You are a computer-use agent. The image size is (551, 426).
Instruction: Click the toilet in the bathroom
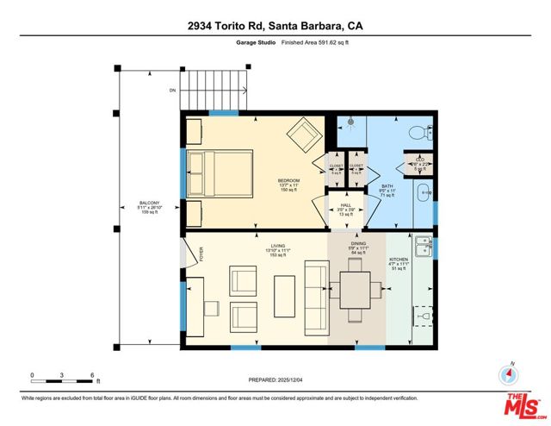tap(419, 132)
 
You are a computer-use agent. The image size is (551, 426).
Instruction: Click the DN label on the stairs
tap(173, 89)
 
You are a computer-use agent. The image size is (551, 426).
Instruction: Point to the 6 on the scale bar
tap(91, 375)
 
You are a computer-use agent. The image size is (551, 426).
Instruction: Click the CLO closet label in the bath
tap(420, 160)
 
